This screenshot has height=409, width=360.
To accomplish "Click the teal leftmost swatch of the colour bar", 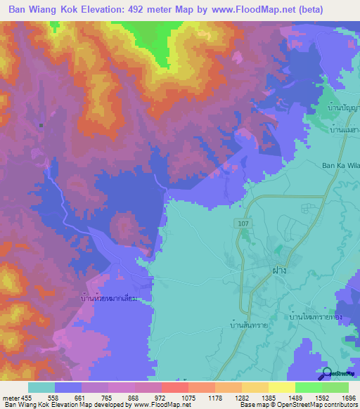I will pyautogui.click(x=41, y=387).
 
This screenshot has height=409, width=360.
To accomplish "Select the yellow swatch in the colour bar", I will pyautogui.click(x=281, y=387).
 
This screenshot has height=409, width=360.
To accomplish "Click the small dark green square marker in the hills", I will pyautogui.click(x=41, y=126).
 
